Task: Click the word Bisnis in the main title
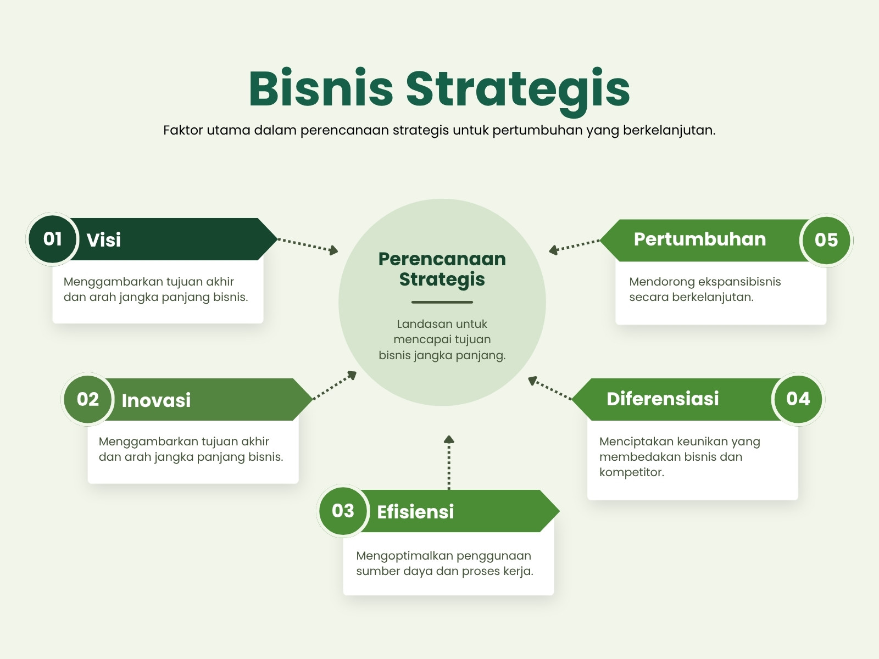tap(321, 88)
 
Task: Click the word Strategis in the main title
tap(518, 92)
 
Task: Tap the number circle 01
tap(52, 239)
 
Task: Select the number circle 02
tap(88, 399)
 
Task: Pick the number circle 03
tap(343, 511)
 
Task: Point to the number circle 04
tap(798, 399)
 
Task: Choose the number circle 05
tap(826, 240)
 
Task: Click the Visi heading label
tap(104, 240)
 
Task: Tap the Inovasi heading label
tap(156, 400)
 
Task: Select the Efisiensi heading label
tap(416, 512)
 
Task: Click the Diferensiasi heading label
tap(663, 399)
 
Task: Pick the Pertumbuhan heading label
tap(700, 239)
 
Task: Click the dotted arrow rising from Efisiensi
tap(449, 462)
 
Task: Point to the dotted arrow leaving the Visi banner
tap(308, 245)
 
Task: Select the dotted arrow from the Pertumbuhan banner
tap(574, 246)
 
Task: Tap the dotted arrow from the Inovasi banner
tap(335, 385)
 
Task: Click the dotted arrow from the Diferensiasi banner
tap(550, 388)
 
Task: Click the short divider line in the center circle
tap(442, 302)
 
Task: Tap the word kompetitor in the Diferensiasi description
tap(632, 472)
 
